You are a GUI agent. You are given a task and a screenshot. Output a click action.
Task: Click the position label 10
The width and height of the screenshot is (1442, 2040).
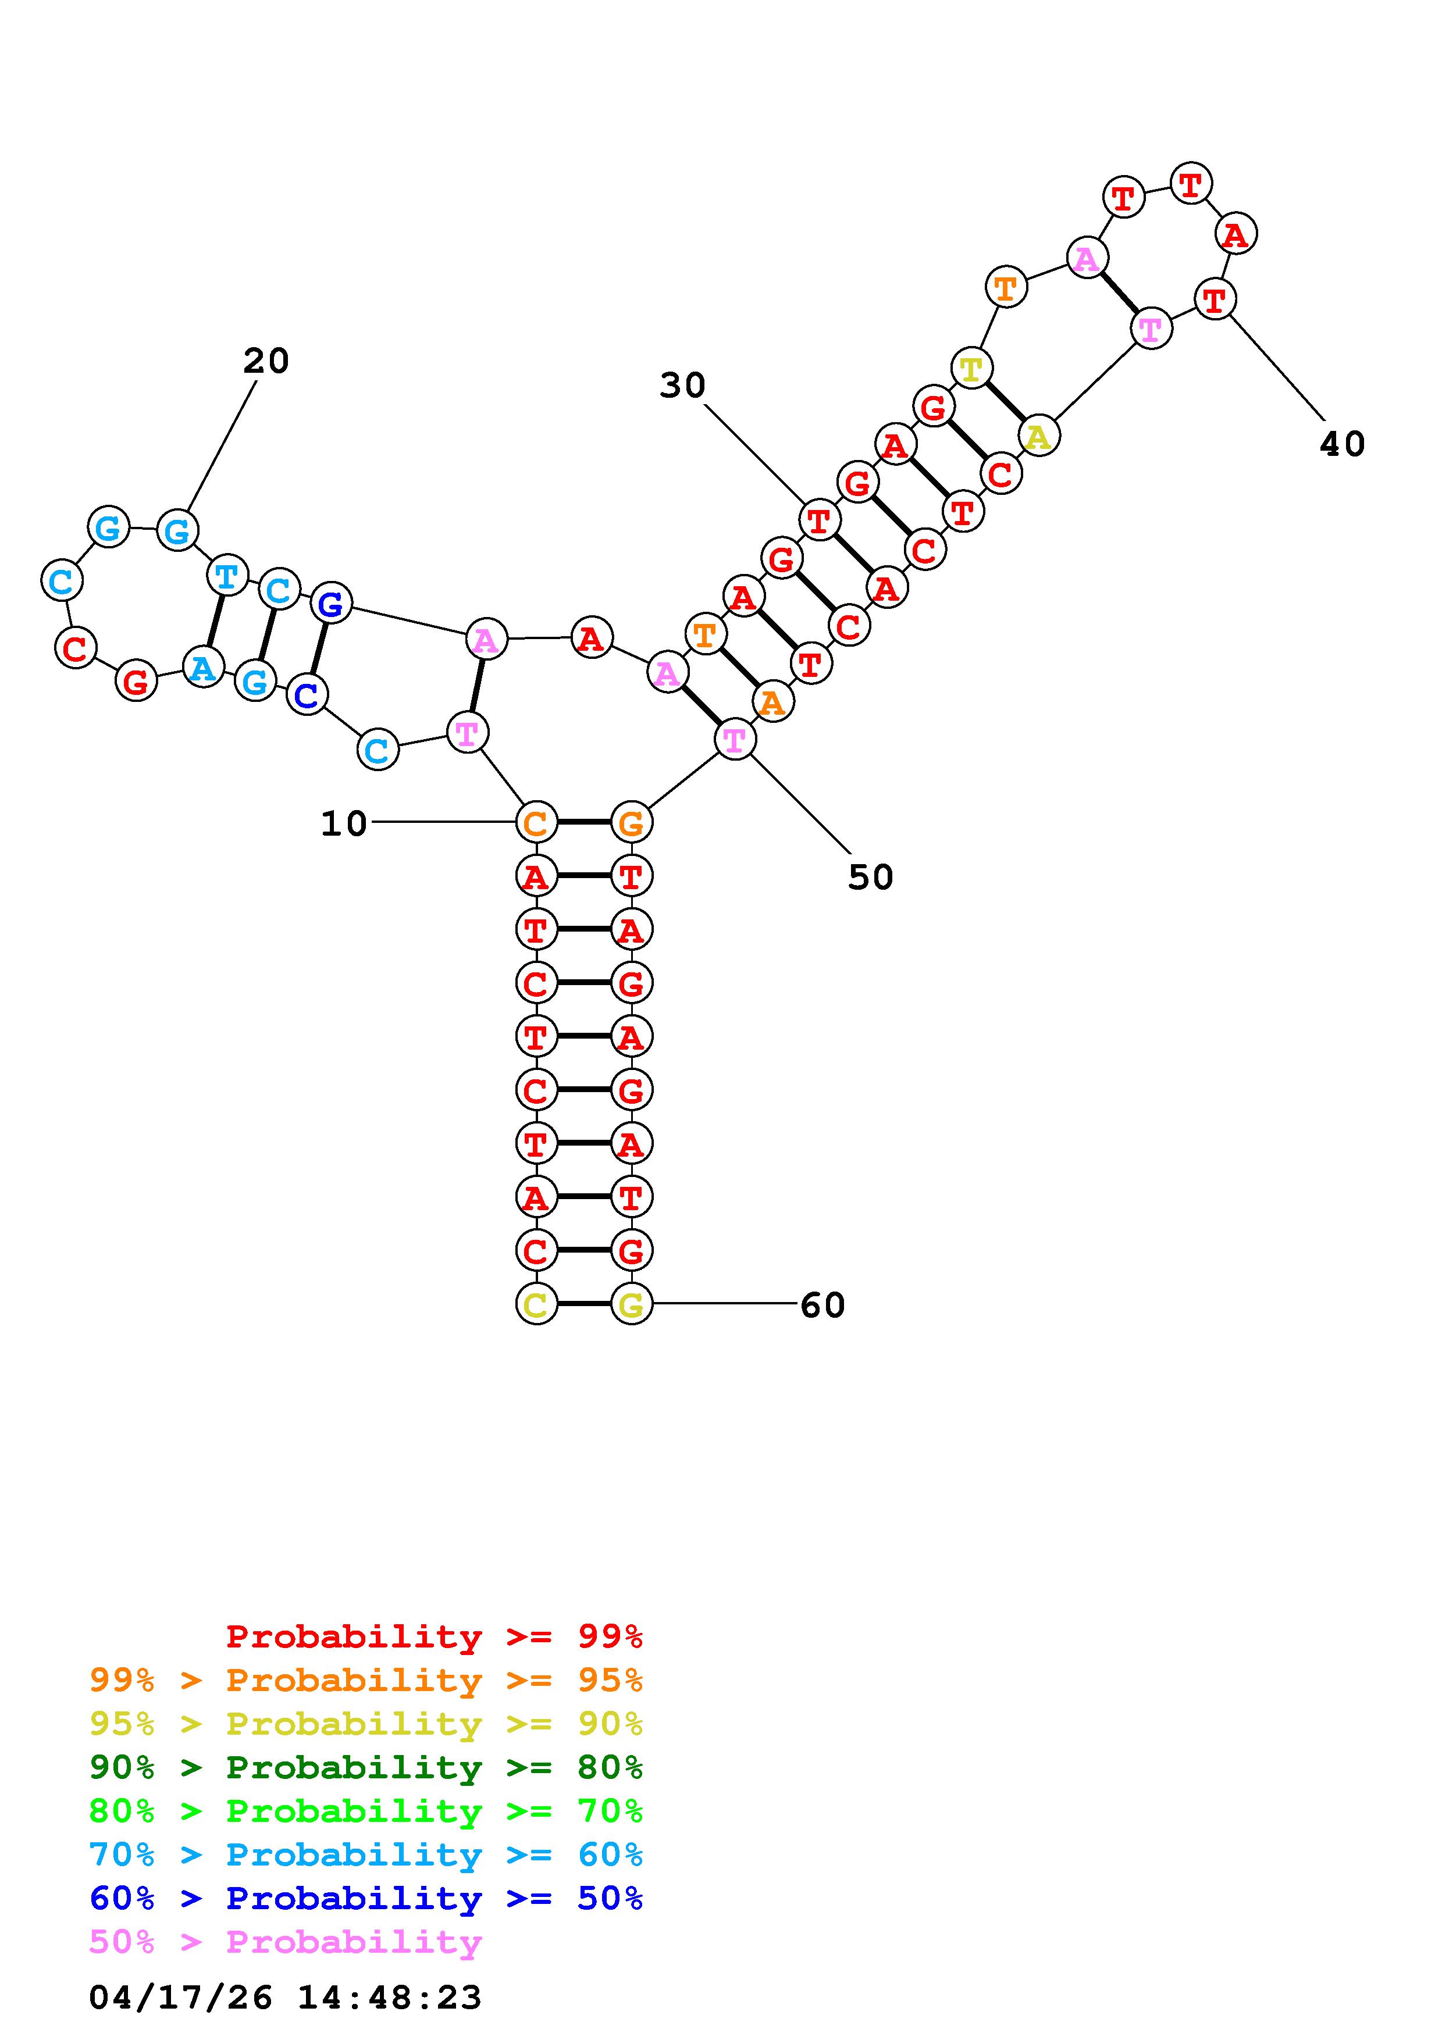click(x=343, y=823)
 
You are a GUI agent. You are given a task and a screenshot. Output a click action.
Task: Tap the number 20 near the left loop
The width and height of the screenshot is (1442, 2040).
click(x=266, y=361)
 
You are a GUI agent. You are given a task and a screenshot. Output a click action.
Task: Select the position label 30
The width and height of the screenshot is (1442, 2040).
click(x=682, y=386)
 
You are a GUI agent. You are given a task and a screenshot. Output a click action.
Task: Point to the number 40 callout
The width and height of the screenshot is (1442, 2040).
click(x=1341, y=443)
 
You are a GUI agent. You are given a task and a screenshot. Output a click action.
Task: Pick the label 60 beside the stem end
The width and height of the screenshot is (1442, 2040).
click(x=822, y=1305)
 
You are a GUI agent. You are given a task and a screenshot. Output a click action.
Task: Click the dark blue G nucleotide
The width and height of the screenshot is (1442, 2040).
click(x=330, y=604)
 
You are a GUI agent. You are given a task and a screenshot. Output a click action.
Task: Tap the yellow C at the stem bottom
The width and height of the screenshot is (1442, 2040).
click(x=536, y=1304)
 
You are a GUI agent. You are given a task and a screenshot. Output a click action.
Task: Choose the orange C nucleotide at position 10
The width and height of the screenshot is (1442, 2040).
click(x=536, y=823)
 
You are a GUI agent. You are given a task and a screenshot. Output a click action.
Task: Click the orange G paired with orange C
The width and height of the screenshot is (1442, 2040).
click(x=631, y=823)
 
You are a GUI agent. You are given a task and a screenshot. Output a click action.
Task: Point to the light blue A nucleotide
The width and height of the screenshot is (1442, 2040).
click(x=202, y=666)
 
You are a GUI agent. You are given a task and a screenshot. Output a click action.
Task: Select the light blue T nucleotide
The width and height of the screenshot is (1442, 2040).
click(x=226, y=576)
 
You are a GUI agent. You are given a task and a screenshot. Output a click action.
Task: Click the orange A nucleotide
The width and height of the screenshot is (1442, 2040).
click(x=772, y=703)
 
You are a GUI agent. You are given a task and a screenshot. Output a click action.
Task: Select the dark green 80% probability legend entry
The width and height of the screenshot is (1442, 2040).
click(x=366, y=1767)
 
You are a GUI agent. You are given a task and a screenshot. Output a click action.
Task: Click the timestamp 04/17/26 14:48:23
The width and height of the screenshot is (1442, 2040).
click(x=285, y=1998)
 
